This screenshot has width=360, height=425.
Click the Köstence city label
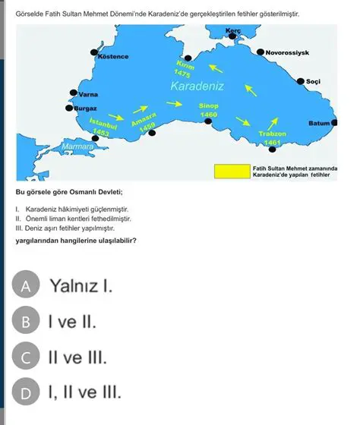113,57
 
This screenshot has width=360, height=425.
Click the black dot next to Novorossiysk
261,53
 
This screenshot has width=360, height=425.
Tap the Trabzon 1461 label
271,137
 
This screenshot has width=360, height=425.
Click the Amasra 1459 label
143,121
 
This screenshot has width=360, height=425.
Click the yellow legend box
232,171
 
